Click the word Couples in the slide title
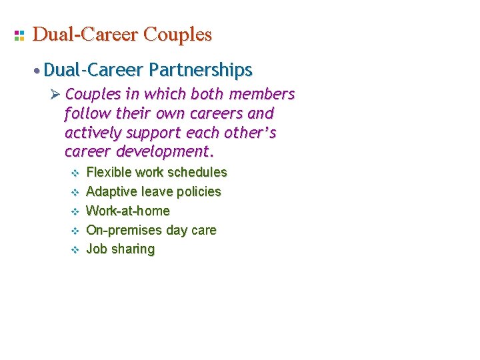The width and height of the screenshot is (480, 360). point(177,35)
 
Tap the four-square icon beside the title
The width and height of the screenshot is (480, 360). point(19,35)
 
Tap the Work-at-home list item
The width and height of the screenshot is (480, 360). point(128,211)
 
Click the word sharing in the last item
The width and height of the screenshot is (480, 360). point(133,250)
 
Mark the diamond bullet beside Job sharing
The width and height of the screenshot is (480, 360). point(75,250)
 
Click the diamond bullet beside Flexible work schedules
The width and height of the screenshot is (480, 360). point(75,173)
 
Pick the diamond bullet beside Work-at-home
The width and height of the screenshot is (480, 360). point(75,211)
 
